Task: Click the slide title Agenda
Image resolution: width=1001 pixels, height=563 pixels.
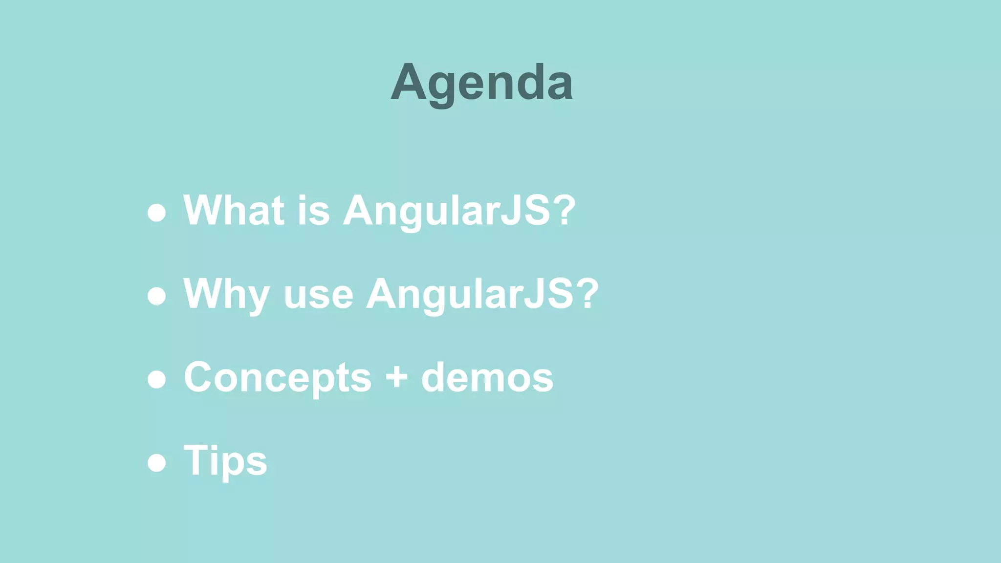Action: [x=481, y=83]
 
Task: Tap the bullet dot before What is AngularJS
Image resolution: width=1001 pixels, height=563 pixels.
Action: [x=157, y=213]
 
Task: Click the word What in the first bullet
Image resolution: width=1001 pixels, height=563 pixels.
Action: [x=234, y=210]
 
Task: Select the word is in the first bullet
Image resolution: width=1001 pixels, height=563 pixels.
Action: [x=313, y=210]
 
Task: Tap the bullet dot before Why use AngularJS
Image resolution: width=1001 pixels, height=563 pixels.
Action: [x=157, y=296]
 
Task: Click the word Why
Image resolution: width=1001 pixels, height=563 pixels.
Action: [x=226, y=294]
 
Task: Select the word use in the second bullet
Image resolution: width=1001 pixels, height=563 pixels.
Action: [x=318, y=296]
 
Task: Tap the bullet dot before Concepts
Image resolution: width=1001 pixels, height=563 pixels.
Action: [x=157, y=379]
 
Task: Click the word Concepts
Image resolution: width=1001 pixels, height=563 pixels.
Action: [x=278, y=378]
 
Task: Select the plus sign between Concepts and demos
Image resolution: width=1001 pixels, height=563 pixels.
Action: [x=396, y=377]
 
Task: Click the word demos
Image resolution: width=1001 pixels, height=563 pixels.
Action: [x=487, y=377]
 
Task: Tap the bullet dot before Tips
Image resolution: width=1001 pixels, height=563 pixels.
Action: [x=157, y=463]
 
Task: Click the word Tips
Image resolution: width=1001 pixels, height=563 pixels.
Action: [x=225, y=461]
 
